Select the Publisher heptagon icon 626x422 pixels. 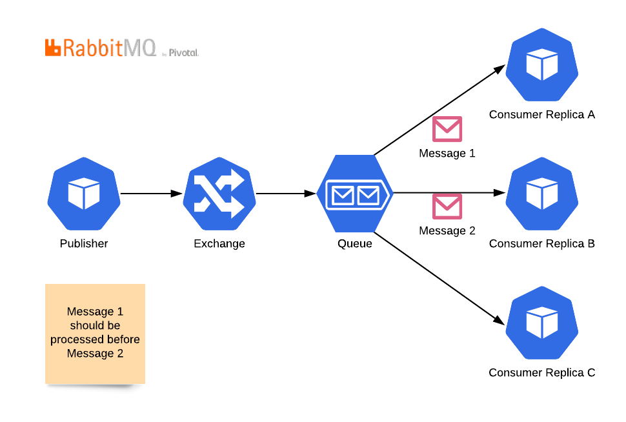(84, 194)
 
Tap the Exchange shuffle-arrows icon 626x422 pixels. (219, 194)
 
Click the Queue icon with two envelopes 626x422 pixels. (355, 194)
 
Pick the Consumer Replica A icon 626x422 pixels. (541, 65)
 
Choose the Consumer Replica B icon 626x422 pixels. (541, 194)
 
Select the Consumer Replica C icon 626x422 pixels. (541, 323)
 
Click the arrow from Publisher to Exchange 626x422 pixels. (152, 194)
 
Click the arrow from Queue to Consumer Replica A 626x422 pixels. (439, 110)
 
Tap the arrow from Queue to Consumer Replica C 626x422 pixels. (439, 277)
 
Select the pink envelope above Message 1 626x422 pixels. (447, 129)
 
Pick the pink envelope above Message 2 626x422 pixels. (447, 206)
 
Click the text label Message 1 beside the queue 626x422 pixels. (447, 154)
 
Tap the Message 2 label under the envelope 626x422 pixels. (447, 231)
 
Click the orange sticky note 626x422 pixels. (95, 334)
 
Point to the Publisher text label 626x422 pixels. (84, 244)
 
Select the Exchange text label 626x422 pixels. (219, 244)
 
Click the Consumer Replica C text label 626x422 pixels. (541, 373)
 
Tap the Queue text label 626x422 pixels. (355, 244)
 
